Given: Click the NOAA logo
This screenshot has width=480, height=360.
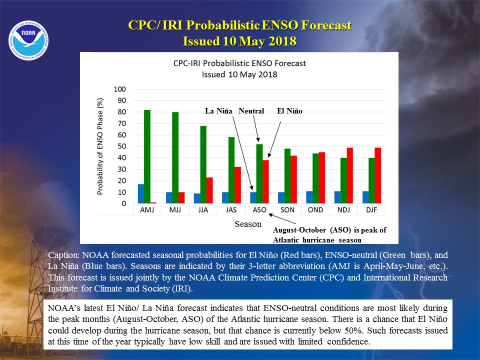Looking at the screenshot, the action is (28, 40).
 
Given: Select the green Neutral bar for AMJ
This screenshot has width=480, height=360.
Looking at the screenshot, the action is (147, 156).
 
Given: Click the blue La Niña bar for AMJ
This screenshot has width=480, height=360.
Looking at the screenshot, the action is (141, 194).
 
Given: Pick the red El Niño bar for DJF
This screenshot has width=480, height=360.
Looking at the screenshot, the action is (378, 175).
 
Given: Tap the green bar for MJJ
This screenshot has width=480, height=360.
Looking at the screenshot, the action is (175, 157).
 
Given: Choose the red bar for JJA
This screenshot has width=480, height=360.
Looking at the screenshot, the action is (209, 190).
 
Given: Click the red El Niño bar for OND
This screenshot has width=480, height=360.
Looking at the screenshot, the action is (321, 177).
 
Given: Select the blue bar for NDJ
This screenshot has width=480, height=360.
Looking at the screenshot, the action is (337, 197).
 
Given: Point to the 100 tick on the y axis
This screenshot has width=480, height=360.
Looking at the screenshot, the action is (119, 89).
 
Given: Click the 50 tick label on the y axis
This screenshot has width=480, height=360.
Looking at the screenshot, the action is (122, 146).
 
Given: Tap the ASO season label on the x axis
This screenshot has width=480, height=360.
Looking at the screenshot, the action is (259, 210).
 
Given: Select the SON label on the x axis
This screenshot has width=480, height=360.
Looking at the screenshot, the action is (287, 210).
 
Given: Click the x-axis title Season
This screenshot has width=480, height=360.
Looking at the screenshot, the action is (248, 224).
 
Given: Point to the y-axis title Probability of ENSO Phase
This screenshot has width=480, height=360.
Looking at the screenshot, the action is (100, 146).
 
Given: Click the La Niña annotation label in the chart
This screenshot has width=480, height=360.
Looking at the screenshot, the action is (218, 111).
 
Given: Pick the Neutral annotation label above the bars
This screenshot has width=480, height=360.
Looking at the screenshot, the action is (251, 111).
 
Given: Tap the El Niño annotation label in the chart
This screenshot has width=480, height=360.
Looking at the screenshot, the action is (289, 111).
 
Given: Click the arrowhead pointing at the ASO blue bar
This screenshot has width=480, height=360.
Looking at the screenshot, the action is (252, 188).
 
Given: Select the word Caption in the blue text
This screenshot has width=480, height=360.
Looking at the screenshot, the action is (63, 255).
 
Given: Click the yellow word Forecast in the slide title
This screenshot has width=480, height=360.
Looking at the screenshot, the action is (326, 25).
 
